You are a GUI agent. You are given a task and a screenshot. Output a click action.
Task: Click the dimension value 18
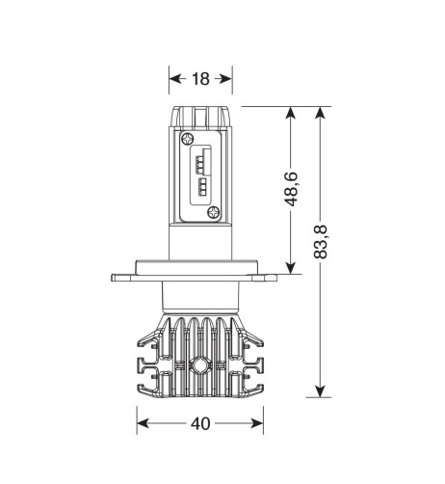tap(200, 79)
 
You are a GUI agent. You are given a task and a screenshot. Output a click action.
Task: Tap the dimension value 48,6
tap(291, 189)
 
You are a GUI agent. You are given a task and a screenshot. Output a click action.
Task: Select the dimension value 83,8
tap(320, 242)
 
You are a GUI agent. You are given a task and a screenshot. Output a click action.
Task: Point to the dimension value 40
tap(200, 423)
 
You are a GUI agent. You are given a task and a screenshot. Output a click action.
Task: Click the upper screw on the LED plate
tap(187, 139)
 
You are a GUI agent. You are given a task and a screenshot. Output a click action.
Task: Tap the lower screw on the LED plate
tap(213, 212)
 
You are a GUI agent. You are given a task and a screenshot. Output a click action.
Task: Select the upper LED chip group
tap(200, 160)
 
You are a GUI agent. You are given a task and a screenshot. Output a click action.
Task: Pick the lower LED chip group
tap(202, 187)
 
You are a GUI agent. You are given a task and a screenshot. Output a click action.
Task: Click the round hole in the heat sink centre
tap(199, 365)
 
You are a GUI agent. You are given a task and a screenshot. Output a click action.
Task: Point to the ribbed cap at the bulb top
tap(200, 117)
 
